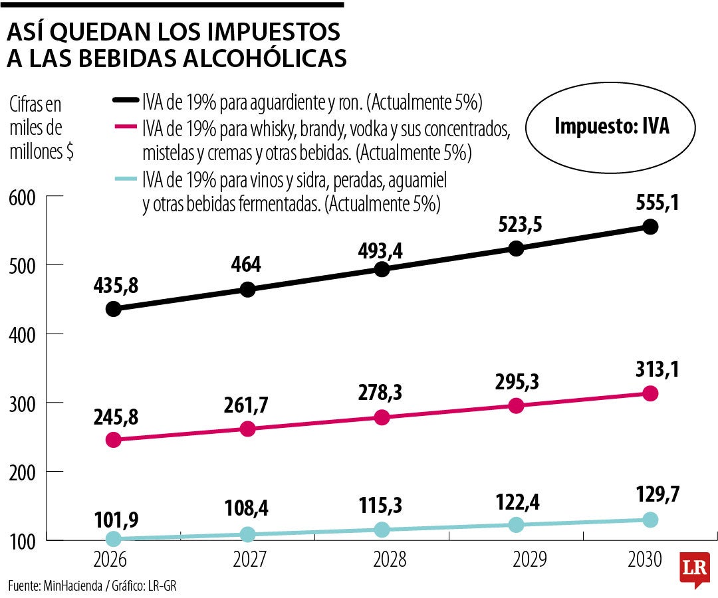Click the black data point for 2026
click(x=113, y=309)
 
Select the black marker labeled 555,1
click(x=650, y=227)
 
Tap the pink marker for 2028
click(x=382, y=417)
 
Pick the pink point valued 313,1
click(x=650, y=393)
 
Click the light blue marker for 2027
click(x=247, y=534)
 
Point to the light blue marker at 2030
click(x=650, y=520)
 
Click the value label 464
click(x=247, y=264)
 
